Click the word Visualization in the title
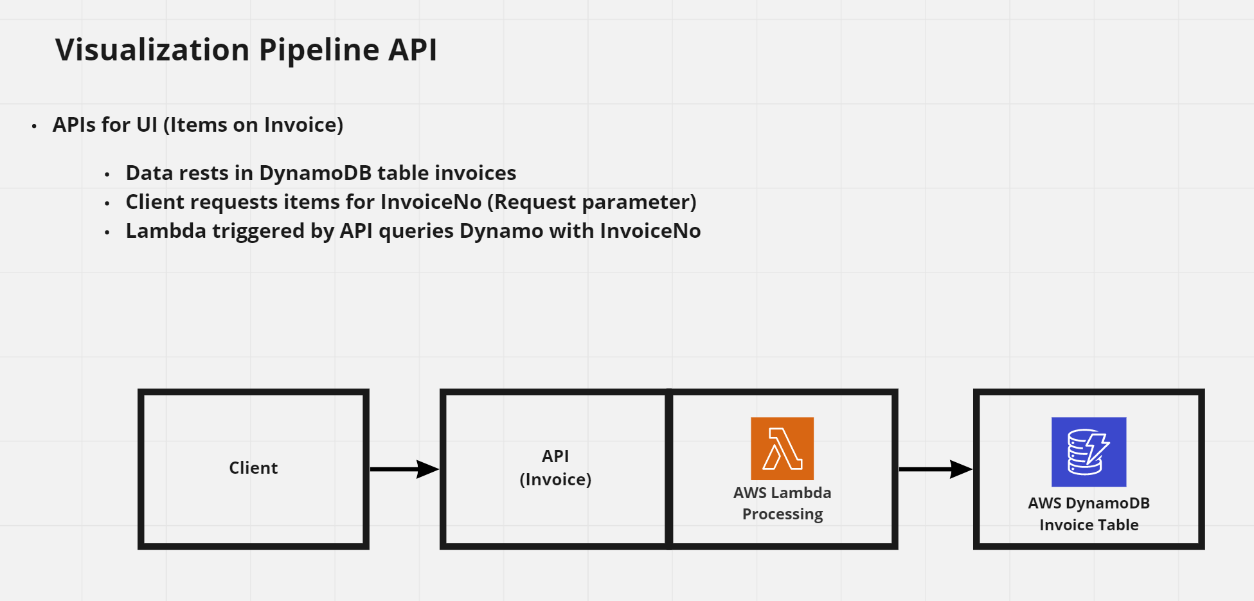point(152,50)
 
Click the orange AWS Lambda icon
point(782,449)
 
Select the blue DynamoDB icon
point(1088,452)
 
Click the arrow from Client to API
point(404,469)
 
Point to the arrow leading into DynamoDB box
point(935,469)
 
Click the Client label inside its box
point(253,468)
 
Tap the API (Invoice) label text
point(555,468)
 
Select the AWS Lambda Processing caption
point(782,503)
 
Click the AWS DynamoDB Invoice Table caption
point(1088,514)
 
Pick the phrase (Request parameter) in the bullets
point(591,202)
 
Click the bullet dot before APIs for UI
point(34,127)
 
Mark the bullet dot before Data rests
point(107,175)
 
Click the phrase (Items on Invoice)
point(253,125)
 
